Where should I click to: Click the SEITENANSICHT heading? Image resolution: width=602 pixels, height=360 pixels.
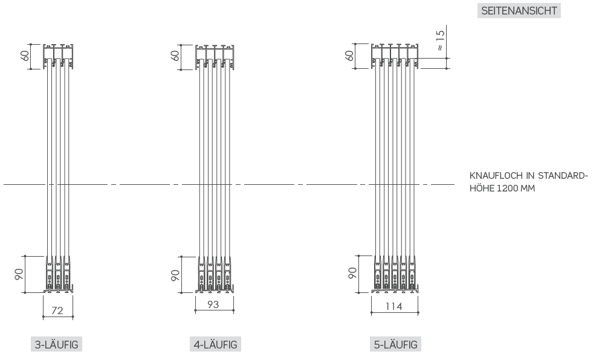coord(519,11)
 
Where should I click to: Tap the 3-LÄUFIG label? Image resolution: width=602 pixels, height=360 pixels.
coord(56,345)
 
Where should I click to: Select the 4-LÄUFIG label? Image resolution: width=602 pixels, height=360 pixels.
coord(215,345)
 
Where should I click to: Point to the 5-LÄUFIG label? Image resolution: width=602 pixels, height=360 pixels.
coord(396,345)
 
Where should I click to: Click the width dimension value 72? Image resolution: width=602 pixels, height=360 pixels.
coord(57,310)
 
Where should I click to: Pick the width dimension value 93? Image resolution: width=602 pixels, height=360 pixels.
coord(213,304)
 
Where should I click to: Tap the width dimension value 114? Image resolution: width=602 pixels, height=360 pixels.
coord(394,306)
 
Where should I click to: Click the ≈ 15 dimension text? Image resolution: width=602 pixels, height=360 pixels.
coord(441,40)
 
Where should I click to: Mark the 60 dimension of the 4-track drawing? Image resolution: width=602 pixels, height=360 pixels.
coord(175,56)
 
